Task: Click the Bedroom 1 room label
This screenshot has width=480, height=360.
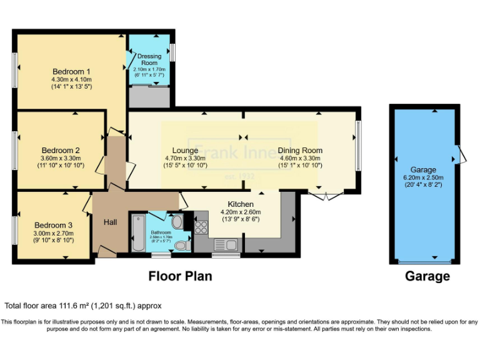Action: tap(71, 71)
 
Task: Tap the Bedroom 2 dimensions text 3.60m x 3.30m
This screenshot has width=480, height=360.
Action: tap(61, 159)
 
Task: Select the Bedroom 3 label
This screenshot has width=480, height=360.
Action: tap(53, 225)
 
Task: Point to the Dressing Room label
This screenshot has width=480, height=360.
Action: tap(149, 60)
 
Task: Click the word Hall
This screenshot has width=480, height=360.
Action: tap(110, 222)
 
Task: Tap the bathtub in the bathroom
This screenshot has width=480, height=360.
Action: tap(137, 234)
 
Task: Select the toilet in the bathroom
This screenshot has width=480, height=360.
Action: tap(181, 246)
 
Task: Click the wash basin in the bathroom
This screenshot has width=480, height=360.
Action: tap(177, 222)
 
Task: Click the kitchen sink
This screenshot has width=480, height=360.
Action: tap(224, 244)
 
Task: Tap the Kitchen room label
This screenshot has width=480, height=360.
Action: tap(241, 204)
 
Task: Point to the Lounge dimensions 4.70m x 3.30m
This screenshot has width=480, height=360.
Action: tap(184, 159)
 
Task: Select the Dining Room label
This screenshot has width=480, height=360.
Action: tap(300, 150)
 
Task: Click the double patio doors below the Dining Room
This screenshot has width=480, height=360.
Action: tap(326, 196)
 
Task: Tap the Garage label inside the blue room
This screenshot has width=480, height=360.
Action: tap(423, 169)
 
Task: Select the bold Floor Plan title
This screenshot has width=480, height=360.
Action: tap(180, 276)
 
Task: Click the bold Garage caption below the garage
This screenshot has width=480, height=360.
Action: tap(427, 276)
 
